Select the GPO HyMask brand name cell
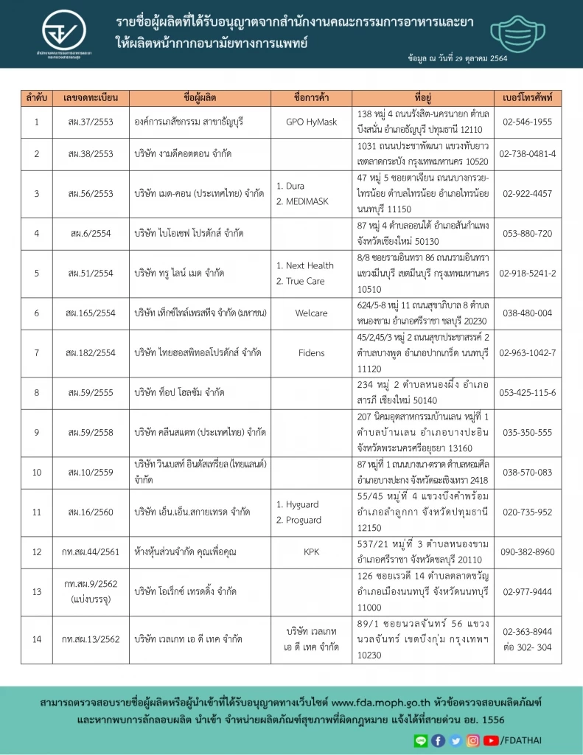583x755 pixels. [311, 121]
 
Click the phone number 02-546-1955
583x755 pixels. [527, 121]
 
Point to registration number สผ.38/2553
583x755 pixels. [88, 153]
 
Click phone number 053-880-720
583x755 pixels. [527, 233]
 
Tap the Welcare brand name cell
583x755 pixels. [311, 313]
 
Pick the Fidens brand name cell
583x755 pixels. [311, 353]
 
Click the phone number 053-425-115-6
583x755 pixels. [527, 392]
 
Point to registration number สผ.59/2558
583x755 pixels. [88, 432]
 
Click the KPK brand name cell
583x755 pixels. [311, 552]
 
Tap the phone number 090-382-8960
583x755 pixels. [527, 552]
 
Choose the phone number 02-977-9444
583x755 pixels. [527, 591]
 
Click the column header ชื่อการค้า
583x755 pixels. [311, 97]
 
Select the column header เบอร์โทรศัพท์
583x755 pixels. [527, 97]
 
